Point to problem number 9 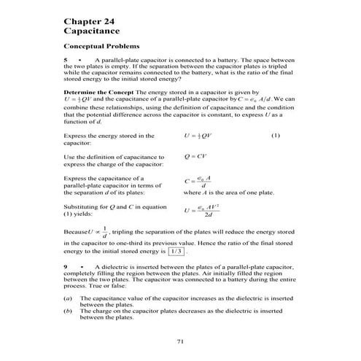click(67, 268)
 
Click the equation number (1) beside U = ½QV click(275, 136)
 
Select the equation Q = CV click(198, 156)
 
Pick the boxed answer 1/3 click(175, 252)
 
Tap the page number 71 click(180, 341)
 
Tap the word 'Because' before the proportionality click(77, 232)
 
